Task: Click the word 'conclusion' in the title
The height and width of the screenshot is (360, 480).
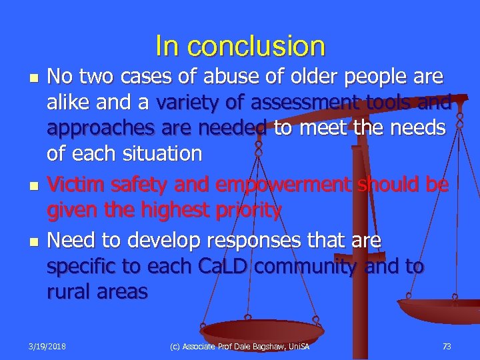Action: click(x=257, y=47)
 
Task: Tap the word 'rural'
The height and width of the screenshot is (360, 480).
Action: click(x=70, y=292)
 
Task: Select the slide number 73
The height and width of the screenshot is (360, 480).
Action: click(x=446, y=346)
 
